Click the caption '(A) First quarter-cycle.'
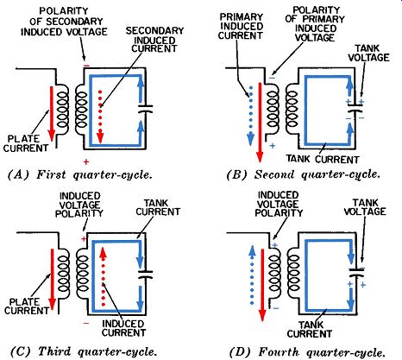[x=80, y=174]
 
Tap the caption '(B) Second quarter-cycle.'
[x=303, y=174]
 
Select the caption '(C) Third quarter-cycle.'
[x=84, y=351]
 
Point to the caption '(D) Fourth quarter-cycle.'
[x=307, y=352]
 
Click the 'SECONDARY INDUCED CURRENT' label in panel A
[x=154, y=40]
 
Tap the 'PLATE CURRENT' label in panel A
[x=26, y=143]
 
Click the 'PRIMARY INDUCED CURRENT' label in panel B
[x=241, y=26]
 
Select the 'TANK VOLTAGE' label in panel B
[x=368, y=53]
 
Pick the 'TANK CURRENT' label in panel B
[x=323, y=159]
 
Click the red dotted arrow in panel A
[x=100, y=117]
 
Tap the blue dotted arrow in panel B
[x=251, y=115]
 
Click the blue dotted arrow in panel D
[x=252, y=275]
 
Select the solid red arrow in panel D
[x=262, y=285]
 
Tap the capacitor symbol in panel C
[x=146, y=275]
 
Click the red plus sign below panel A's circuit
[x=86, y=161]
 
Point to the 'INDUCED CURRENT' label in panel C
[x=123, y=328]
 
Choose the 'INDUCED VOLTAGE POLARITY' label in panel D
[x=279, y=205]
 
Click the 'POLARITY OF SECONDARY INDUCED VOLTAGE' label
[x=64, y=22]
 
